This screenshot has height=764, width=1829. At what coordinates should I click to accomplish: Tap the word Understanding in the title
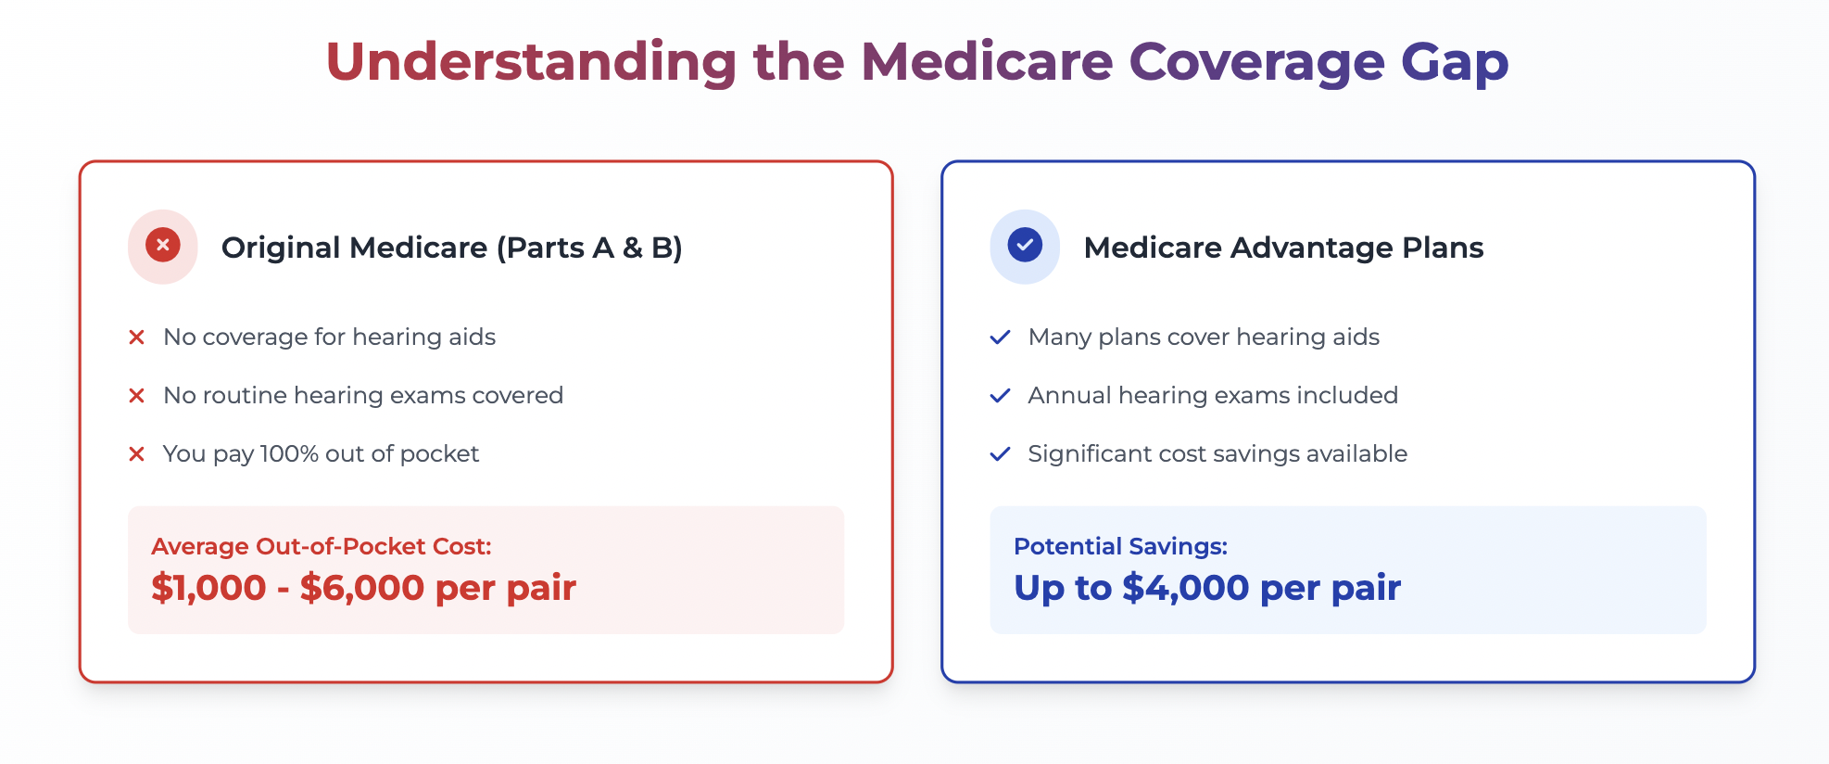(x=532, y=61)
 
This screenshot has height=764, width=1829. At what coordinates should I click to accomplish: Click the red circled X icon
(x=163, y=246)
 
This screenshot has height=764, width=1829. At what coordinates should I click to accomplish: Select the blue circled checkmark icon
(x=1025, y=246)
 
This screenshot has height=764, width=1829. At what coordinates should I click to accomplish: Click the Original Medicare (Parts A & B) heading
(x=452, y=248)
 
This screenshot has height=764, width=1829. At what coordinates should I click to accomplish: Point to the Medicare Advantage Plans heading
(x=1283, y=248)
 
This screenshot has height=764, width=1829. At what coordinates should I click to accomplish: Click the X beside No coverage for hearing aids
(x=136, y=337)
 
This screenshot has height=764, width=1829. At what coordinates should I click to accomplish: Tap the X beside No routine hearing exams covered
(x=136, y=396)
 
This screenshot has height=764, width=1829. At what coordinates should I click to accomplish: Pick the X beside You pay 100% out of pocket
(x=136, y=454)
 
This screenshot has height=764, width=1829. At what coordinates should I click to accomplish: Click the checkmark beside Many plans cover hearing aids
(x=1000, y=337)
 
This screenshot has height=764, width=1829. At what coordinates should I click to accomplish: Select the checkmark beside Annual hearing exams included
(x=1000, y=396)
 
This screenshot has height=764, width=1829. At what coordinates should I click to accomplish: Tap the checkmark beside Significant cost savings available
(x=1000, y=454)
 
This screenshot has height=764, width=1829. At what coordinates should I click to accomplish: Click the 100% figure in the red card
(x=289, y=453)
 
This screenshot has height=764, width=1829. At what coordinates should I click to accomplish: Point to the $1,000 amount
(x=208, y=588)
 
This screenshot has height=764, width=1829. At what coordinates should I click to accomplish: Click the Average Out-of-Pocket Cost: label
(x=322, y=546)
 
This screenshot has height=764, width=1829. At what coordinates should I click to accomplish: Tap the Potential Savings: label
(x=1120, y=546)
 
